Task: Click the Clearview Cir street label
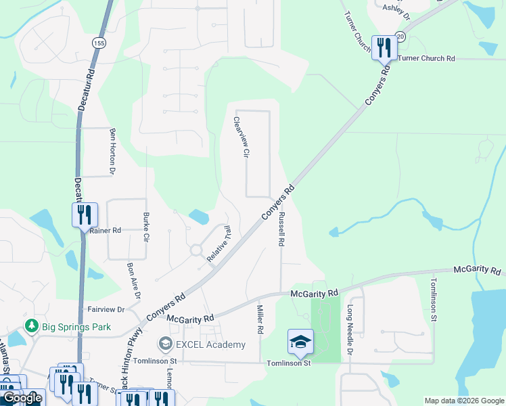(237, 137)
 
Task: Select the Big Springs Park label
(76, 327)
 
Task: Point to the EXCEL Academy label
(210, 345)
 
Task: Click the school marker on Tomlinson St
(300, 342)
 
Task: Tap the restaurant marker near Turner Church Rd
(384, 47)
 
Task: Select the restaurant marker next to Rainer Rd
(85, 215)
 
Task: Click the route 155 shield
(99, 43)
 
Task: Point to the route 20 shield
(400, 37)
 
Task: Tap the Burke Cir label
(145, 227)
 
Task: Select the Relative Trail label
(219, 244)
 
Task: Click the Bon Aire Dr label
(133, 281)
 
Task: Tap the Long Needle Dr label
(350, 330)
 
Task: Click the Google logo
(22, 398)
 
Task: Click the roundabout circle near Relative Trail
(196, 250)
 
